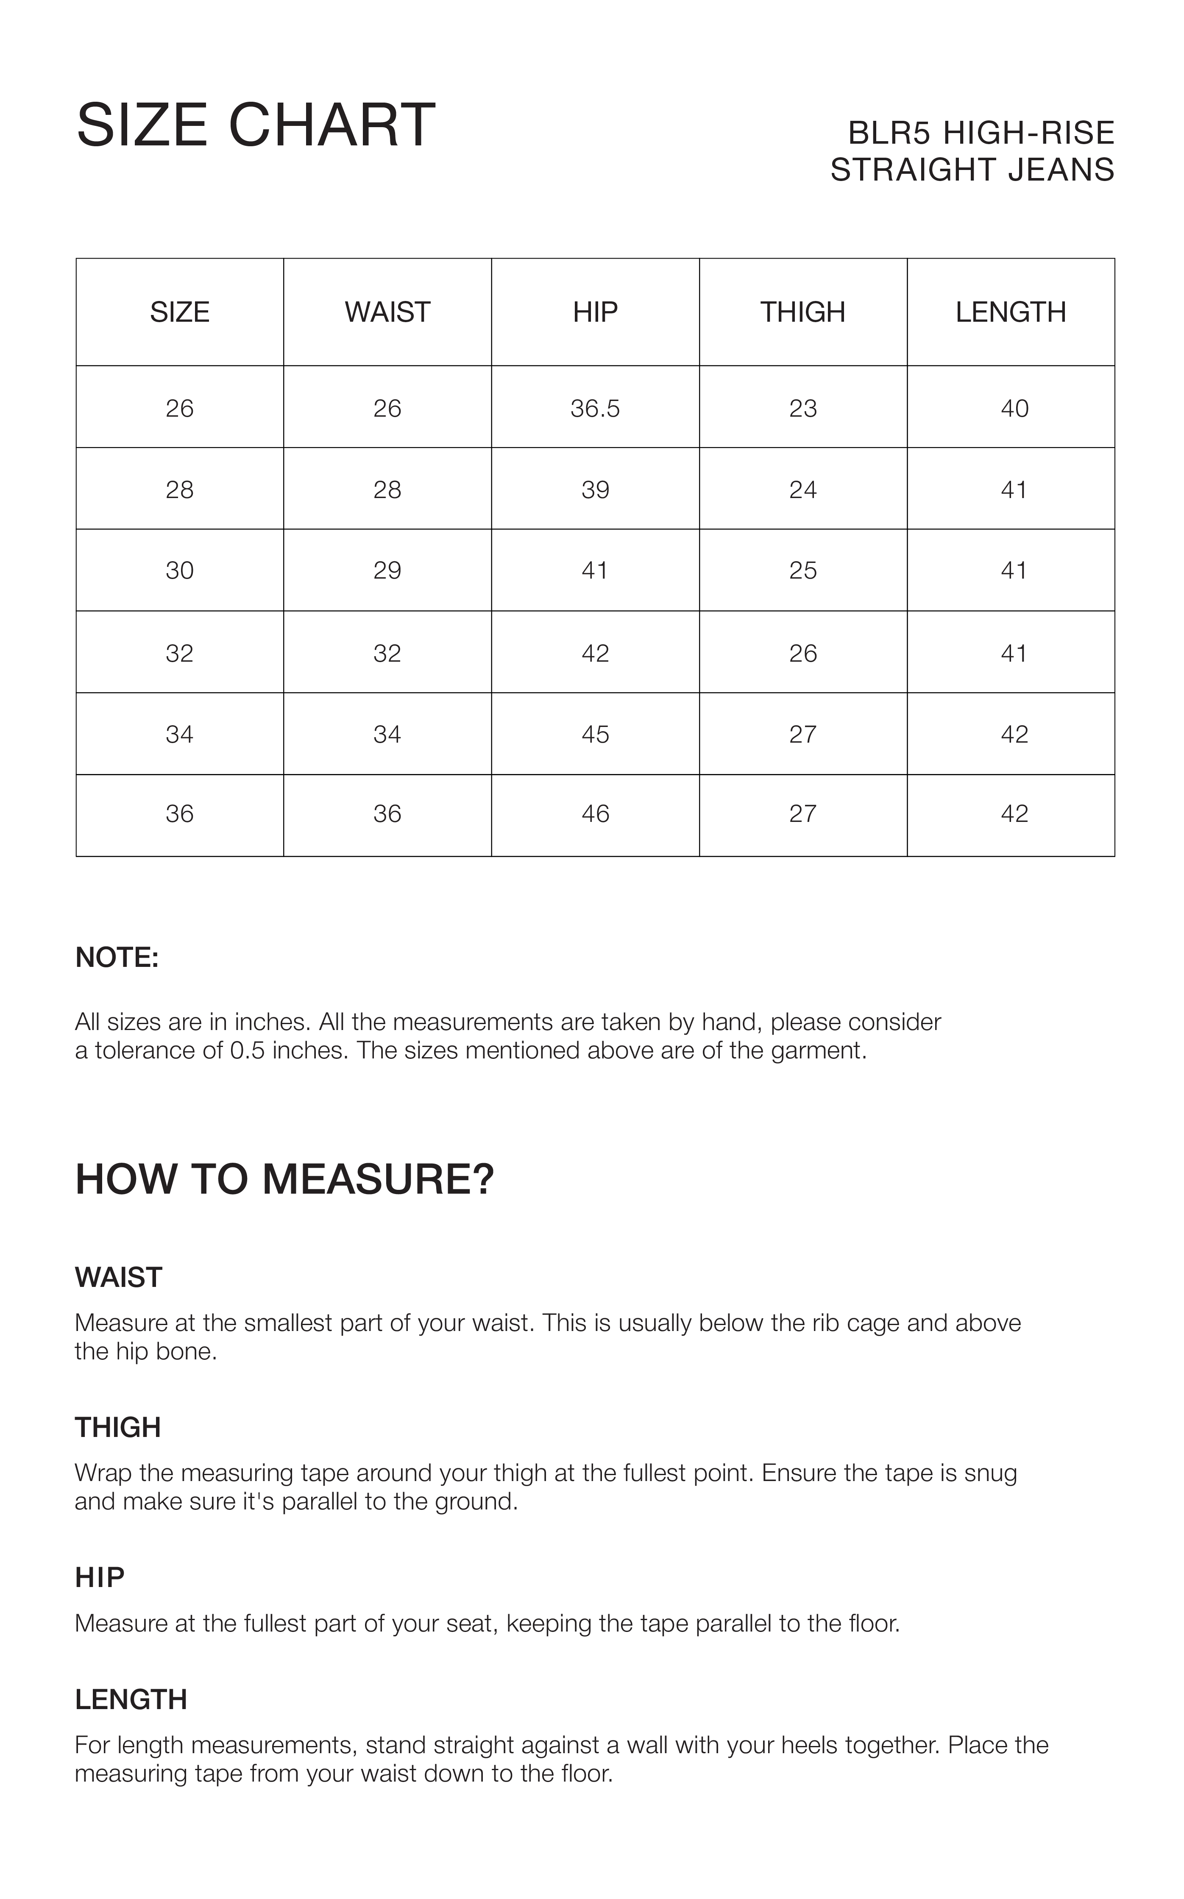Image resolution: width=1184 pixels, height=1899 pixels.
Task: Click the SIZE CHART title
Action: click(255, 125)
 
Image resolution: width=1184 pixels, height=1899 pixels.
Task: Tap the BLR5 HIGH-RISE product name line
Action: click(981, 133)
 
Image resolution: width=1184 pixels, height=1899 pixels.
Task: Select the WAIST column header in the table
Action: click(387, 312)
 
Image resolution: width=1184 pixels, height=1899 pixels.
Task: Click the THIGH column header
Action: click(802, 312)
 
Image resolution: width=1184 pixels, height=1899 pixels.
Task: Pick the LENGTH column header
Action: click(1010, 312)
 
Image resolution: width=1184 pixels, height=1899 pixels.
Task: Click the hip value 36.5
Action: click(595, 409)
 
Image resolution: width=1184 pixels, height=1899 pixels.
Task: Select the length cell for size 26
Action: click(1014, 409)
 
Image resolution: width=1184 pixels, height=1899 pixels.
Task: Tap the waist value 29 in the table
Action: click(387, 571)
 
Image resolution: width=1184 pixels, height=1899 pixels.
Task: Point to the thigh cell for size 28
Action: click(802, 490)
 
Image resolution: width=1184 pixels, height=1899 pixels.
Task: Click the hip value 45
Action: click(595, 734)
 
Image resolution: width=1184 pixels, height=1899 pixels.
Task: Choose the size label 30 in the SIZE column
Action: click(179, 571)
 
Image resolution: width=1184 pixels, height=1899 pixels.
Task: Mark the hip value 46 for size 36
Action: click(595, 814)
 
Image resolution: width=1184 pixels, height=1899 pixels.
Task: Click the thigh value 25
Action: click(802, 571)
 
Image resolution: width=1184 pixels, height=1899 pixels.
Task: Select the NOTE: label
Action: click(117, 957)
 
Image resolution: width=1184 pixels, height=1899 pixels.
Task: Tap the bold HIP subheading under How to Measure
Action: click(100, 1578)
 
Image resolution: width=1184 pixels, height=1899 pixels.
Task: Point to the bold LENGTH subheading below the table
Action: click(131, 1699)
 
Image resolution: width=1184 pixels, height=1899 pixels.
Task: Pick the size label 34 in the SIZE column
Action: click(179, 734)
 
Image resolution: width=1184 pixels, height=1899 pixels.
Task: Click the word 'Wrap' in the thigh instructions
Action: click(103, 1473)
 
